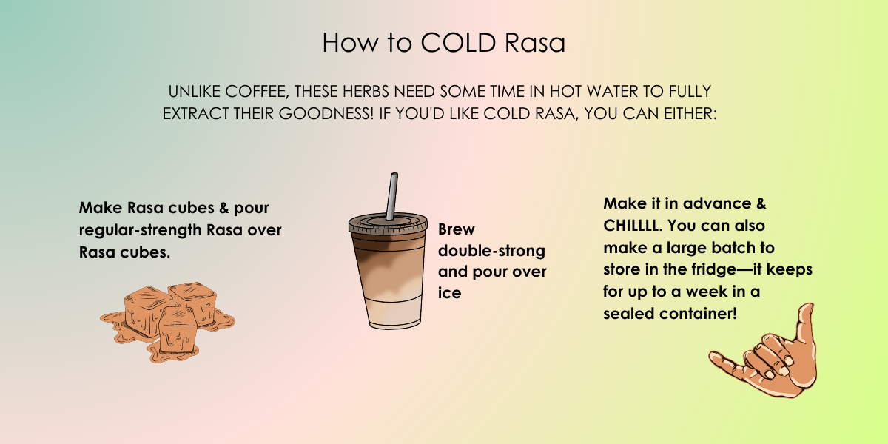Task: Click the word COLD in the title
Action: pos(458,42)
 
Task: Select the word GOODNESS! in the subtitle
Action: pos(326,114)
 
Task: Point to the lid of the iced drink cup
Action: pos(388,223)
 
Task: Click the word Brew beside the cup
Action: pos(457,229)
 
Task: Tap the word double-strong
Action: pos(491,251)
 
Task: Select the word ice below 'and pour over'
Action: pos(450,293)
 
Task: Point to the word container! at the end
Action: pos(698,314)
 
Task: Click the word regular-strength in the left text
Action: pos(141,230)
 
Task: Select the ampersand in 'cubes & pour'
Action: pos(224,208)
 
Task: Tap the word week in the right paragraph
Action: pos(710,292)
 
